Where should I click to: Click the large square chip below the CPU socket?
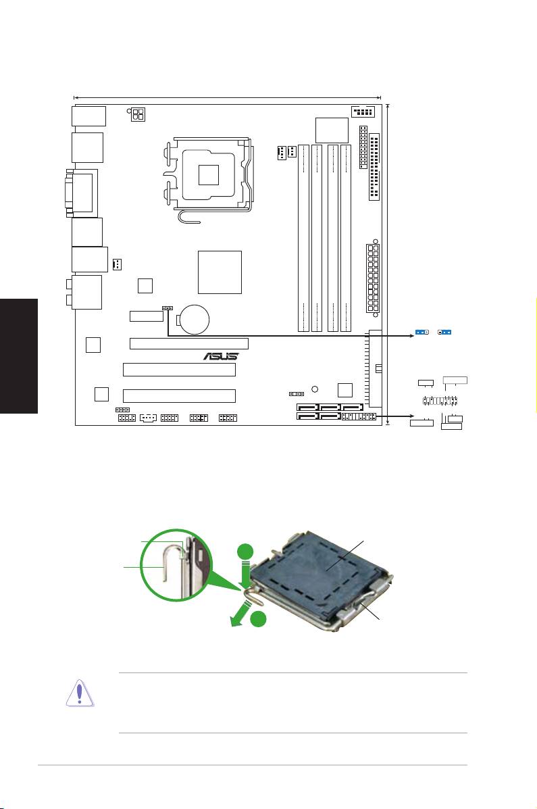click(x=220, y=272)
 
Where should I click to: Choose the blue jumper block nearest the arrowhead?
click(x=423, y=333)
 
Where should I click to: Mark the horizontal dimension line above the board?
click(x=227, y=97)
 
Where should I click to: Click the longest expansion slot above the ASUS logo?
click(x=188, y=343)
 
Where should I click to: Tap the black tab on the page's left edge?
click(x=19, y=358)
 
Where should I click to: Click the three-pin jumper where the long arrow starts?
click(x=165, y=308)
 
